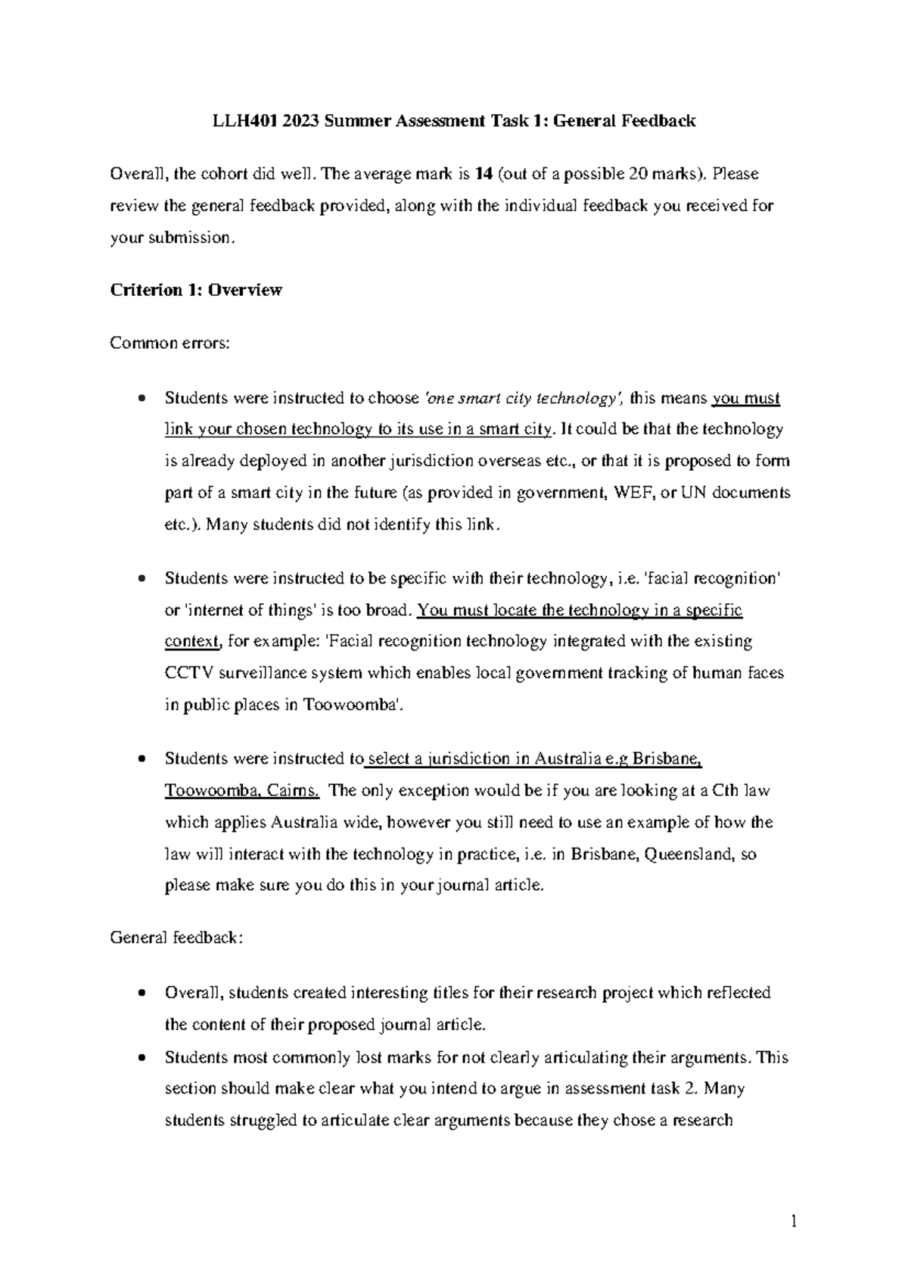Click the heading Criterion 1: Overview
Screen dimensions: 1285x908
(x=196, y=290)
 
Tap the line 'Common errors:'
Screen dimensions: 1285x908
(x=168, y=343)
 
